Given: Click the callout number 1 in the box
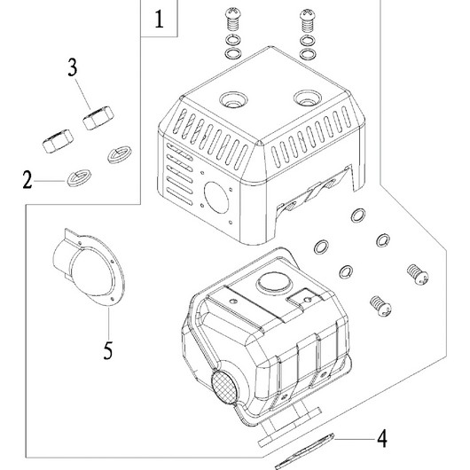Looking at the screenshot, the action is (159, 20).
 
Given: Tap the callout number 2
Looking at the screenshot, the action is (27, 180).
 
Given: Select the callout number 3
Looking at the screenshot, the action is (73, 67).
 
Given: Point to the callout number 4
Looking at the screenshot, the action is (382, 439).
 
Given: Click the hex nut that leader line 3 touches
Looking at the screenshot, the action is (98, 118).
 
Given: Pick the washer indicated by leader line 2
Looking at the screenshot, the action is (79, 177).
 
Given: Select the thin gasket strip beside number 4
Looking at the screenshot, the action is (304, 451).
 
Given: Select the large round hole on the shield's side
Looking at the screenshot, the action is (216, 198).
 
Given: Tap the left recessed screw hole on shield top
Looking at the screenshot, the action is (233, 99).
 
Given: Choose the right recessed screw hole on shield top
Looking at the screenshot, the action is (308, 98).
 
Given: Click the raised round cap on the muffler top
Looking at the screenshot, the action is (275, 283).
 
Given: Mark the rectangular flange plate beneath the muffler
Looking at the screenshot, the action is (290, 426).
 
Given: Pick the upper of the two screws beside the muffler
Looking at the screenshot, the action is (418, 273).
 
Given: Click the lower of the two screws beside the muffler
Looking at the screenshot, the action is (381, 306).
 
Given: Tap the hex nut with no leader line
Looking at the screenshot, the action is (58, 141).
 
